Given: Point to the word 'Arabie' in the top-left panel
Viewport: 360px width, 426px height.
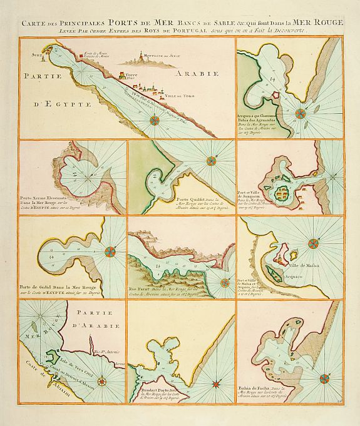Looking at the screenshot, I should (x=199, y=77).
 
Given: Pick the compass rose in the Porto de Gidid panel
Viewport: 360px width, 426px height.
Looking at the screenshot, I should (x=110, y=252).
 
